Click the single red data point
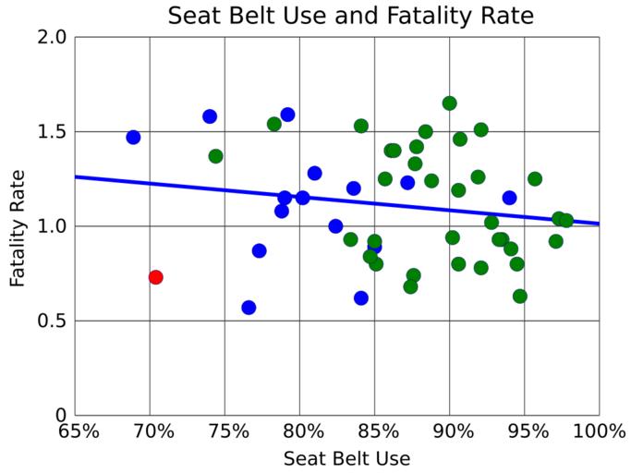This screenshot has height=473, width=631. (x=155, y=277)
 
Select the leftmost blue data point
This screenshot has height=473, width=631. (x=133, y=137)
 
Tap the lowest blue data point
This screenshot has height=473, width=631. (x=249, y=308)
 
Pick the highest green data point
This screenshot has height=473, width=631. (x=449, y=103)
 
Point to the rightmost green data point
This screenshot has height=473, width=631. (x=566, y=220)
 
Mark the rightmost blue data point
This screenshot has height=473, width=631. (x=509, y=198)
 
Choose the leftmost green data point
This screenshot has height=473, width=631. (x=215, y=156)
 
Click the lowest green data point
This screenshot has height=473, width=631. (x=520, y=297)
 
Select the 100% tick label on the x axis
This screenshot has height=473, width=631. (x=600, y=431)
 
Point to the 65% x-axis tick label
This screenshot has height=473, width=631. (x=79, y=431)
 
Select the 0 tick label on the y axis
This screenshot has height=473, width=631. (x=61, y=415)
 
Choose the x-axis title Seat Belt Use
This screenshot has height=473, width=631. (x=346, y=458)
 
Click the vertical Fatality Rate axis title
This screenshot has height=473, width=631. (x=18, y=225)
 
